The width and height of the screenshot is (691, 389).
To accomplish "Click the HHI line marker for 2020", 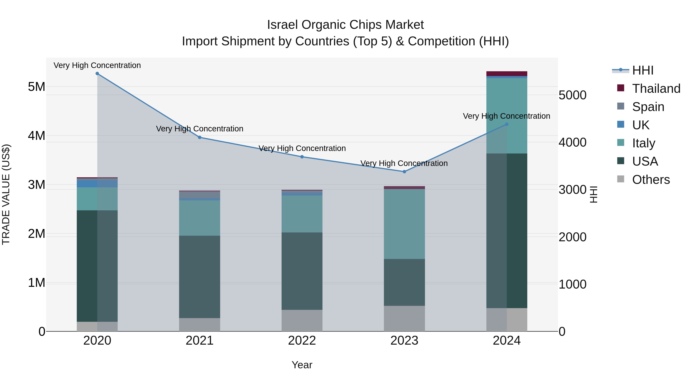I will click(x=97, y=74).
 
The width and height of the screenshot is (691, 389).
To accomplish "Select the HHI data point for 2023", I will click(x=404, y=172).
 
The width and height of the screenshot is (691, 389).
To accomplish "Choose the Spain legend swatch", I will click(x=620, y=106).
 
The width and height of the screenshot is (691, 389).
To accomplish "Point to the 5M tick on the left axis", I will click(x=36, y=87).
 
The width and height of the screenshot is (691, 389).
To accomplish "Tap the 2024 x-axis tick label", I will click(x=507, y=341).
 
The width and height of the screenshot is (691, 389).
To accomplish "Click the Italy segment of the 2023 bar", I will click(x=404, y=224).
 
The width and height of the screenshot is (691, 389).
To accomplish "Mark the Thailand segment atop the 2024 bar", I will click(x=507, y=74).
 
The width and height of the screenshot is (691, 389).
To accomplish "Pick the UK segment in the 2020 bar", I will click(x=97, y=183).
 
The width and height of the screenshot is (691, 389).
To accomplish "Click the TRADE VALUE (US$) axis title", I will click(x=6, y=194).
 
